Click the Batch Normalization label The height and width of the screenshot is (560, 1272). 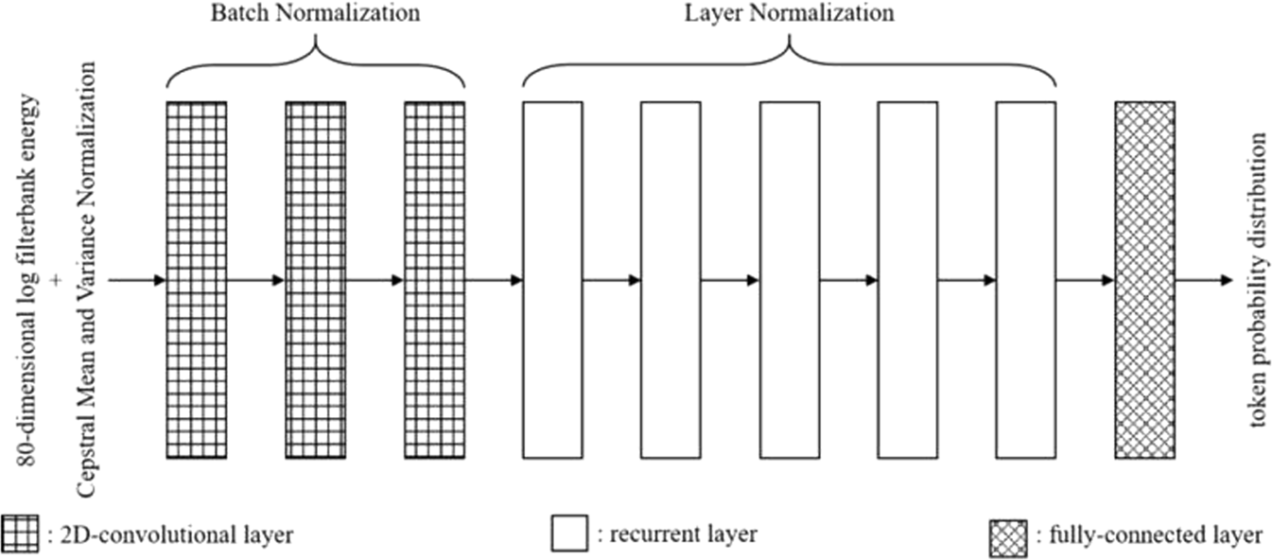pyautogui.click(x=315, y=13)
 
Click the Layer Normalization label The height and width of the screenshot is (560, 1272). pyautogui.click(x=789, y=13)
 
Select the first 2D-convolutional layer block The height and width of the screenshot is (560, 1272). pyautogui.click(x=196, y=280)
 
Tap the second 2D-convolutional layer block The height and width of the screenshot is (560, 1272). pyautogui.click(x=315, y=280)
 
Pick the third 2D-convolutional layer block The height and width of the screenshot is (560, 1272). pyautogui.click(x=434, y=280)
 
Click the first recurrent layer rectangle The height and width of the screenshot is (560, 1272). pyautogui.click(x=552, y=280)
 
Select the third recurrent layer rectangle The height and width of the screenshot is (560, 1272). pyautogui.click(x=790, y=280)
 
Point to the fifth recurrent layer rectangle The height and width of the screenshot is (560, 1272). pyautogui.click(x=1025, y=280)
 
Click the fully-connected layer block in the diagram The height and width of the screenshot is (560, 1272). pyautogui.click(x=1144, y=280)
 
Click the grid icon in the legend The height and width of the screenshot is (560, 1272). pyautogui.click(x=20, y=534)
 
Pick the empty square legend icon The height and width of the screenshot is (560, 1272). pyautogui.click(x=569, y=534)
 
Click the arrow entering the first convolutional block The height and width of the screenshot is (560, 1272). pyautogui.click(x=137, y=280)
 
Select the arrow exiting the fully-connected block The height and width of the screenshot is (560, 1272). pyautogui.click(x=1203, y=280)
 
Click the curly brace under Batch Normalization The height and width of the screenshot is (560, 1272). pyautogui.click(x=315, y=61)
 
